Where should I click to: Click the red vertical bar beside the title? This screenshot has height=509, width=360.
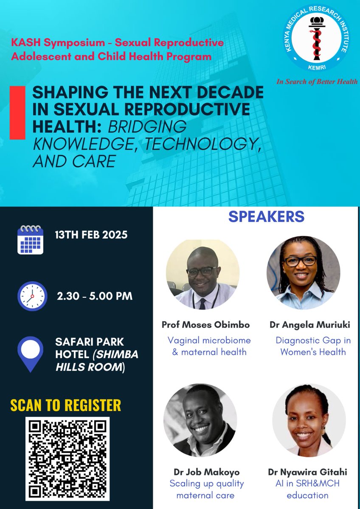[x=17, y=112]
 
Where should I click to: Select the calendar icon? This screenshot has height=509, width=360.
[x=30, y=240]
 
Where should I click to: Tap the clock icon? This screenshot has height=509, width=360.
[x=32, y=296]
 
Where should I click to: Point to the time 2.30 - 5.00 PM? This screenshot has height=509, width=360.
[x=94, y=296]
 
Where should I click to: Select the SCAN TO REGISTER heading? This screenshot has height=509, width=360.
[x=66, y=405]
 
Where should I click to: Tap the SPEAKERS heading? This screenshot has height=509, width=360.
[x=266, y=216]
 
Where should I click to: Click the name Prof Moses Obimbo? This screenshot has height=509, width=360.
[x=206, y=325]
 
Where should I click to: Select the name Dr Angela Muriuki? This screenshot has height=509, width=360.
[x=309, y=325]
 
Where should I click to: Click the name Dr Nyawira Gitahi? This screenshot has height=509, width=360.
[x=307, y=472]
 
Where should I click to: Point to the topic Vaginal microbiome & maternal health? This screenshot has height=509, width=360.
[x=209, y=346]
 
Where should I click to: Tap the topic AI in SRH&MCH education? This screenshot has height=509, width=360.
[x=307, y=489]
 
